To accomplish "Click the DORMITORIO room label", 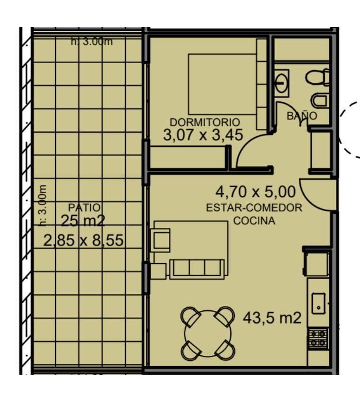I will pos(205,122).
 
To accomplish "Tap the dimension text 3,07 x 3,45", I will pos(203,135).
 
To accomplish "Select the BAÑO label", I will pos(302,116).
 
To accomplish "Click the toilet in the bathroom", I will pos(317,77).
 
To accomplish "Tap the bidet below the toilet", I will pos(320,100).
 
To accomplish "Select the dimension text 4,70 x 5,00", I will pos(255,192).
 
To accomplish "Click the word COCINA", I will pos(254,221).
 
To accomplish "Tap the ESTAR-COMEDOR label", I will pos(254,208).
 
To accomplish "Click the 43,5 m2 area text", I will pos(272,318).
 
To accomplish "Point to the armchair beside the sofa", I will pos(161,239).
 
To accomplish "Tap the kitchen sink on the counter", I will pos(318,302).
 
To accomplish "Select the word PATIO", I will pos(84,207).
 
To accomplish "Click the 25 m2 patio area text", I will pos(82,220).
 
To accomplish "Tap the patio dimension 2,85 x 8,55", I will pos(83,241).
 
